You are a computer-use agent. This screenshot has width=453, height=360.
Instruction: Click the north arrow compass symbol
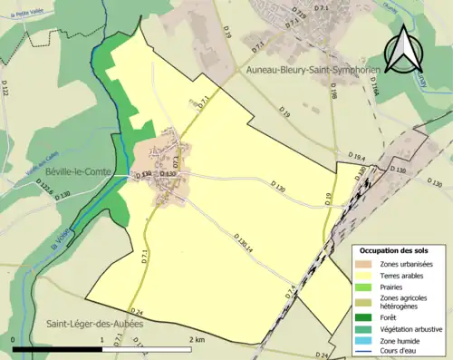[405, 50]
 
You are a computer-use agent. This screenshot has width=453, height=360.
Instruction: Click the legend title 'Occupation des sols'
[395, 249]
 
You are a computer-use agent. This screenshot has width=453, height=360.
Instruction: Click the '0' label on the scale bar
[14, 339]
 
